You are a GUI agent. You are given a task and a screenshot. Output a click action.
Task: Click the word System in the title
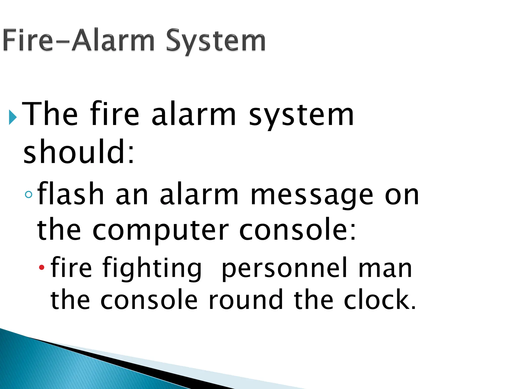click(x=216, y=41)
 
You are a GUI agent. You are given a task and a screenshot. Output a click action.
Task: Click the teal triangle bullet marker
click(x=12, y=117)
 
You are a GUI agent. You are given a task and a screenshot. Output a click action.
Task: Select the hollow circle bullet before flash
click(x=29, y=194)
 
